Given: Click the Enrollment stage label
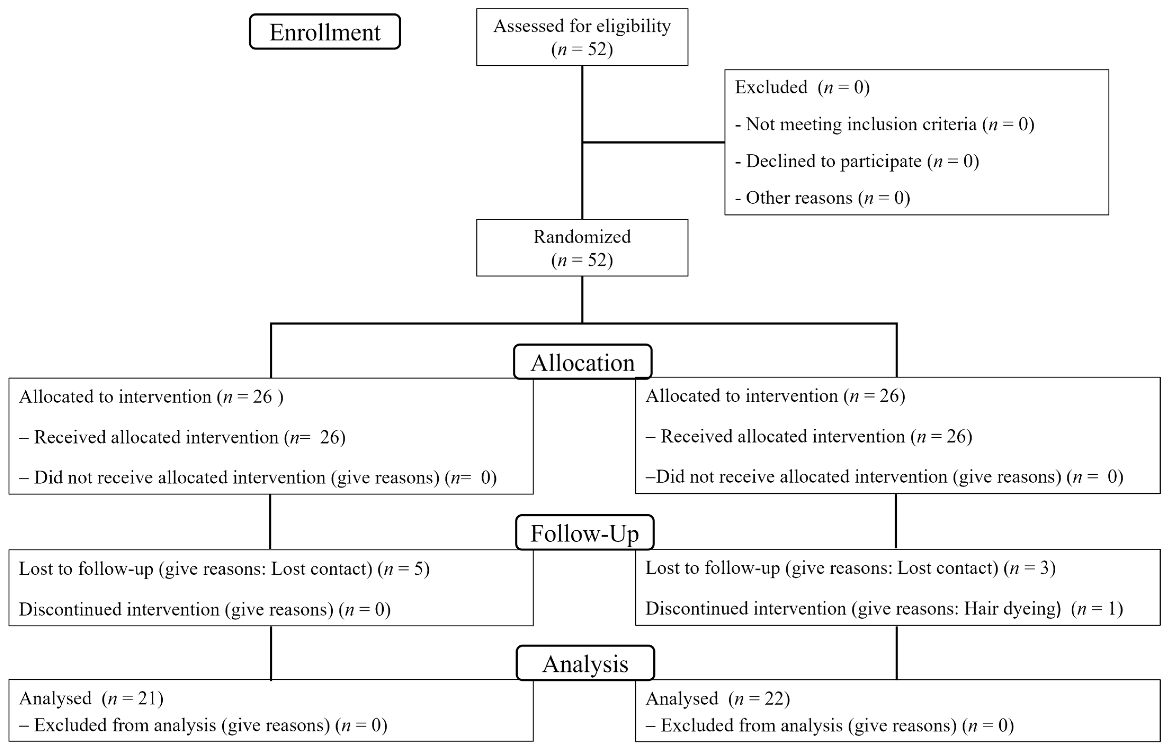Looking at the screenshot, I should pos(325,32).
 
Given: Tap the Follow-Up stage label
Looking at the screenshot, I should pos(584,533).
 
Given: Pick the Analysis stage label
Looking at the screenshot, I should pos(585,663).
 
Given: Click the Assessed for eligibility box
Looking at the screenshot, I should pos(582,37).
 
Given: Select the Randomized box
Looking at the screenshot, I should pos(582,248).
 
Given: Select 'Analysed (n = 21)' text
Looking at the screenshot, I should pos(91,698).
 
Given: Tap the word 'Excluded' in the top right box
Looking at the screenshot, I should pos(771,87).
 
